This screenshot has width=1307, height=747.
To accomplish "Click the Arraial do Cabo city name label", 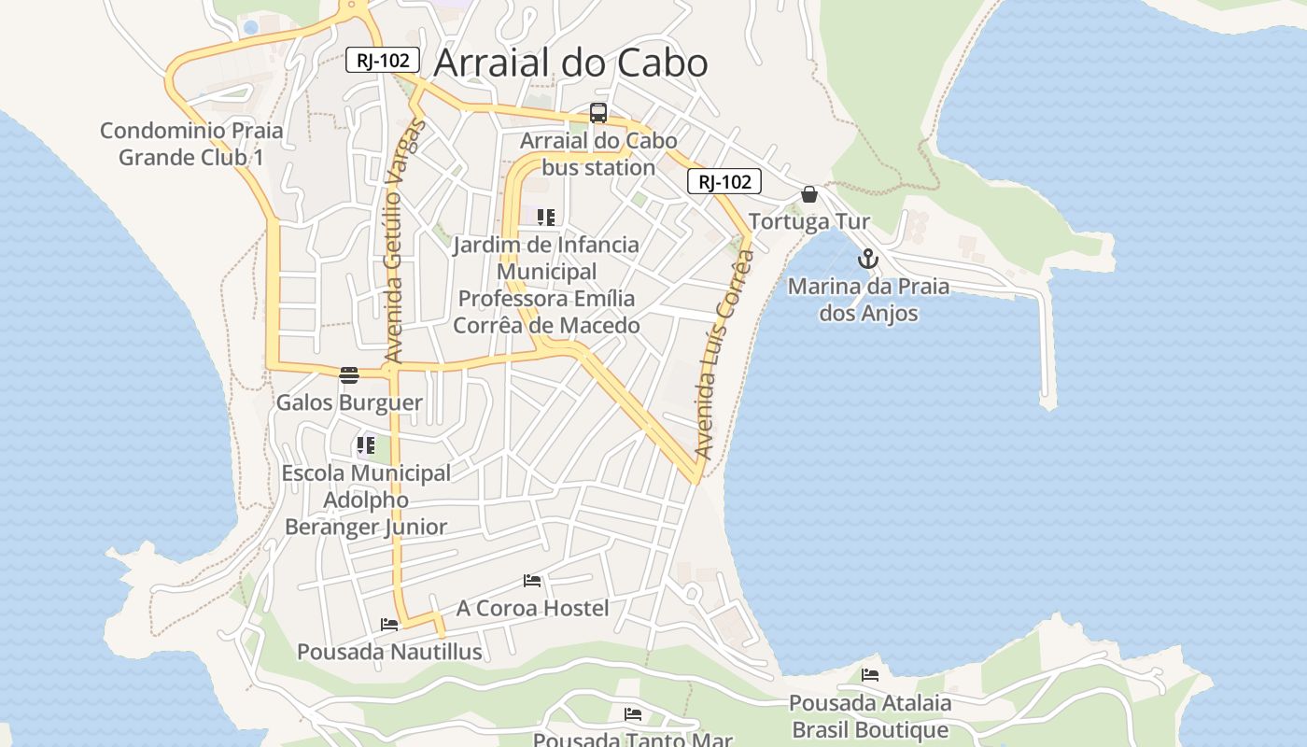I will click(570, 63).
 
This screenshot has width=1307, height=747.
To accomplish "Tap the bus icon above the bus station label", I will click(598, 114).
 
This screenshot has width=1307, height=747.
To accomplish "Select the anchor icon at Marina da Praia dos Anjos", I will click(868, 260).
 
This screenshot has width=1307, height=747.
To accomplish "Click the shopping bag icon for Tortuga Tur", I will click(809, 194).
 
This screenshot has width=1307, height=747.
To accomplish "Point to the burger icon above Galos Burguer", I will click(349, 375).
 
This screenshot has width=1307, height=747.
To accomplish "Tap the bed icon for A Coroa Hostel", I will click(532, 581).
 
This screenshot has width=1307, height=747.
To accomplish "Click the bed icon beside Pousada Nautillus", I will click(389, 624).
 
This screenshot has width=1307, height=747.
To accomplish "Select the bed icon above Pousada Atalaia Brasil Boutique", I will click(870, 674).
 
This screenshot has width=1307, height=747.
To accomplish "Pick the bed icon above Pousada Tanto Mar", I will click(633, 714).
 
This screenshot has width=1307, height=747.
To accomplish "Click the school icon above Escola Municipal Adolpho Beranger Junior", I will click(365, 445).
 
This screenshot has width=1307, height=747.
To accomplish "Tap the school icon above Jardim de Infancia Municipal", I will click(546, 218).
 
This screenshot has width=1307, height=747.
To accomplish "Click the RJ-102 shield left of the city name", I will click(383, 60).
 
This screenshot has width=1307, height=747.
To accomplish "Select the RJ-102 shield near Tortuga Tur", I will click(724, 181).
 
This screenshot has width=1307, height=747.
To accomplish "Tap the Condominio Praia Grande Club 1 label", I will click(191, 144).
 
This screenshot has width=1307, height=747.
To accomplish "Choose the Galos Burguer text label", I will click(349, 403).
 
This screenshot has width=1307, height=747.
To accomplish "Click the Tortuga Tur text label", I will click(809, 222).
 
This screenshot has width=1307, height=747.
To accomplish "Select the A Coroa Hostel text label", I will click(532, 609).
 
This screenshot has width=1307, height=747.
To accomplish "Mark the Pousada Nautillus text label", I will click(389, 652).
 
